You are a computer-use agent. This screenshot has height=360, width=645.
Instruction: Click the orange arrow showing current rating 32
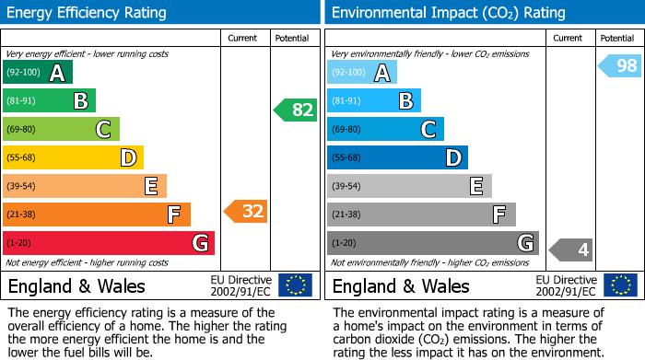coord(246,211)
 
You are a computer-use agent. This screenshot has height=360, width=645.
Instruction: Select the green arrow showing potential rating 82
coord(296,110)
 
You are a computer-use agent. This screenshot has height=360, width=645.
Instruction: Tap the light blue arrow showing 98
coord(620,65)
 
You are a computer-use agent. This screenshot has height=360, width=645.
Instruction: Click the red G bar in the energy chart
coord(109,243)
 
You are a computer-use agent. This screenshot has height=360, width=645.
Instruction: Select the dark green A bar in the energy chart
coord(38,73)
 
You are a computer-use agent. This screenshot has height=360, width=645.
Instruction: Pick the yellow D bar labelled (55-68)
coord(73,157)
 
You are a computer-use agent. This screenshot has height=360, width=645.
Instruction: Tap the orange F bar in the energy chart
coord(97,215)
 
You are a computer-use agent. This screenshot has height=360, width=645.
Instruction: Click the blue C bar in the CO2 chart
coord(385,129)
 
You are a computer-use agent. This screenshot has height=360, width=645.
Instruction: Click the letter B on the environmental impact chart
coord(405,100)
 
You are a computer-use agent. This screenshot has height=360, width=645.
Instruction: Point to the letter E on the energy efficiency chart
coord(150,186)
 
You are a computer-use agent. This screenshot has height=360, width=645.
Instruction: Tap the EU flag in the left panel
coord(295,285)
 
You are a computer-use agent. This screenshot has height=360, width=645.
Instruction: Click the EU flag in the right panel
coord(620,285)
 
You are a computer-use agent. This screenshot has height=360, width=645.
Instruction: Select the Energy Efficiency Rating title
coord(88,13)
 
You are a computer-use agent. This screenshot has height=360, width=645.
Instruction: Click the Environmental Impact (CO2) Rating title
coord(448,13)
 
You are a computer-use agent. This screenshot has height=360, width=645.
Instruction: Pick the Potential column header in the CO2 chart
coord(616,38)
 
